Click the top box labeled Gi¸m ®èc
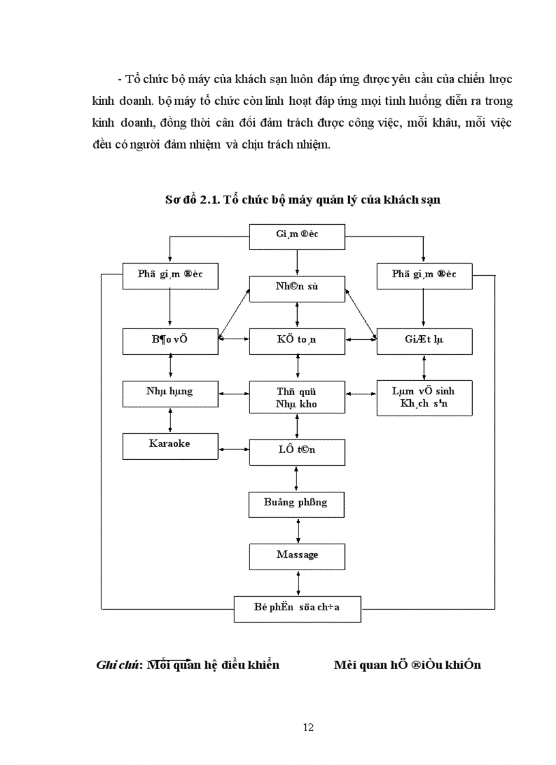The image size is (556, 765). pos(297,235)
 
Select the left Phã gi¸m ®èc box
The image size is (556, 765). pos(170,275)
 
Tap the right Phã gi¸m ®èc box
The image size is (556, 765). pos(424,275)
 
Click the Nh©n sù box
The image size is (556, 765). pos(297,287)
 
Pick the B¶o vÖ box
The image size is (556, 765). pos(170,340)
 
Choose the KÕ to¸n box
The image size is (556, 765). pos(297,340)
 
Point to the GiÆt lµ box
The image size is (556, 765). pos(424,340)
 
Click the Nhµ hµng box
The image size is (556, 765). pos(170,392)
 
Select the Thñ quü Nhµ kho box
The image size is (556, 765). pos(297,398)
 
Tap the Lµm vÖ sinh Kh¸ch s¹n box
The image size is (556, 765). pos(424,398)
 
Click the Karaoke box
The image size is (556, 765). pos(170,445)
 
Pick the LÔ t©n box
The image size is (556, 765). pos(297,451)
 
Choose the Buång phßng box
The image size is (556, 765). pos(297,503)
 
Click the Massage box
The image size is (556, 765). pos(297,556)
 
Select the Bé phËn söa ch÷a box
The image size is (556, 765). pos(297,608)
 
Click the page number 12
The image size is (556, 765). pos(308,728)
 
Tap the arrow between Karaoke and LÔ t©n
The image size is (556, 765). pos(234,448)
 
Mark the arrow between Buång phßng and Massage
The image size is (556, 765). pos(297,530)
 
